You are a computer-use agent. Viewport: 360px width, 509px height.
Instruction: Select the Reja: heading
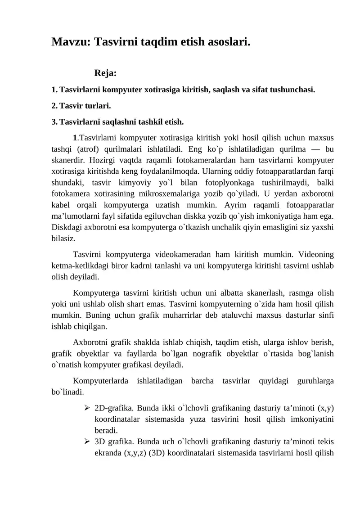(x=106, y=73)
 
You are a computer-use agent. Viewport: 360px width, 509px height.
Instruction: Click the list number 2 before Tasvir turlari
(x=54, y=106)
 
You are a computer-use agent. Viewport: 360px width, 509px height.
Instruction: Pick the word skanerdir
(x=69, y=160)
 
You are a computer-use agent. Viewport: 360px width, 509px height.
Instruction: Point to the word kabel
(x=61, y=203)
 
